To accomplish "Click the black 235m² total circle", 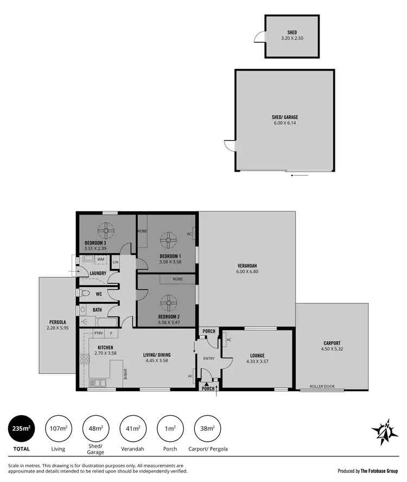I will [x=21, y=428].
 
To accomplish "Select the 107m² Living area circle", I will [x=58, y=428].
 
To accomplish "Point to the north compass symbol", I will [x=385, y=432].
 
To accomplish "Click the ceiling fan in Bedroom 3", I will [x=106, y=230].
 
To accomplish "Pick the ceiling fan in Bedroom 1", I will [x=169, y=239].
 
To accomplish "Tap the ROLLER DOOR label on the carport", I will [x=322, y=387].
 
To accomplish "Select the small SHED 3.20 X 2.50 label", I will [x=292, y=35].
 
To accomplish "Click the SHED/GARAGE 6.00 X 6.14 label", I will [x=285, y=120].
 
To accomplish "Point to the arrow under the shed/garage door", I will [x=299, y=175].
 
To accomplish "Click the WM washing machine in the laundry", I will [x=100, y=259].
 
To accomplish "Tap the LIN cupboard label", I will [x=115, y=263].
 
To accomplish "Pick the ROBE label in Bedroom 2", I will [x=177, y=279].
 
